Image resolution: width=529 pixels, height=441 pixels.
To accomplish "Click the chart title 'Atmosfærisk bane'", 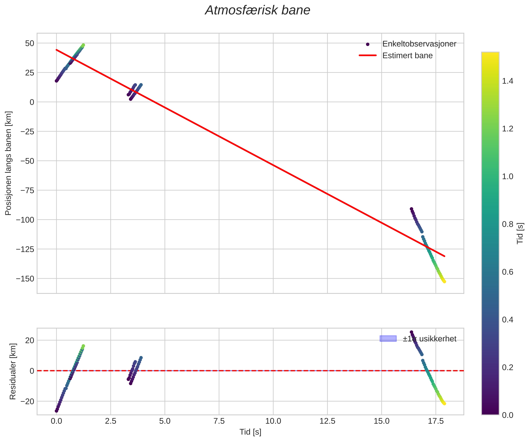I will tap(257, 11).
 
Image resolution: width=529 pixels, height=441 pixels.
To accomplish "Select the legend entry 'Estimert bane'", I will tap(407, 56).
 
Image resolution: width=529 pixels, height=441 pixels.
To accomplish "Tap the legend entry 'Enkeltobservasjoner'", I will tap(419, 44).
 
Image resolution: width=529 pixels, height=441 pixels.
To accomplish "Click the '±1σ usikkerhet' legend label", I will tap(430, 339).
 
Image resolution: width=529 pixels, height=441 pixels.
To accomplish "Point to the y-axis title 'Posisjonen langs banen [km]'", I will tap(8, 163).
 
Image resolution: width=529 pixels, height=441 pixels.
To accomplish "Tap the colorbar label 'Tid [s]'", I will tap(520, 233).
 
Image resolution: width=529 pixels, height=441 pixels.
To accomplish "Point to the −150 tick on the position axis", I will tap(25, 279).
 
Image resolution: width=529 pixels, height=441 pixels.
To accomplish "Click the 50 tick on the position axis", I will tap(29, 43).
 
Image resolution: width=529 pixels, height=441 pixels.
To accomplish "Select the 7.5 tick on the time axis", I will tap(219, 421).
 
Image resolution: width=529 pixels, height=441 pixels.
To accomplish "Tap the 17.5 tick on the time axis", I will tap(436, 421).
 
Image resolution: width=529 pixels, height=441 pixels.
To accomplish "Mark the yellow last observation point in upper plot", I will tap(444, 282).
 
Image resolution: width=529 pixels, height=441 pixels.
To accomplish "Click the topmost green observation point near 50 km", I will tap(83, 45).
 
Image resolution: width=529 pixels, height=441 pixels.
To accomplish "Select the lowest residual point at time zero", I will tap(57, 411).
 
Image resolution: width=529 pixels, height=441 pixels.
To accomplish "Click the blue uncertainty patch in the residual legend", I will tap(388, 339).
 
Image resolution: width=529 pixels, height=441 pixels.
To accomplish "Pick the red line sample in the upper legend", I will tap(368, 56).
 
